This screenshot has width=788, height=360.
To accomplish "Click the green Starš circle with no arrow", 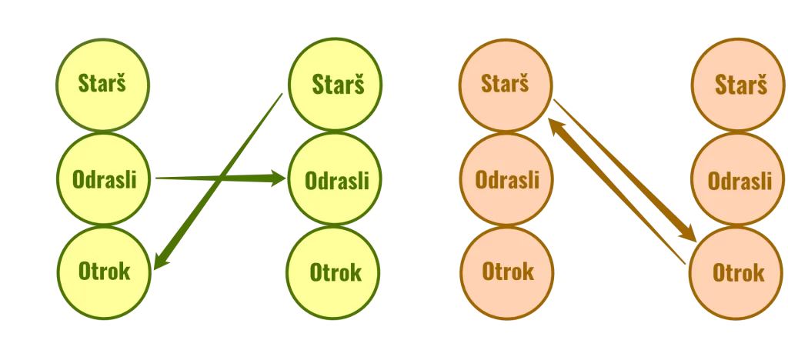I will coord(102,84).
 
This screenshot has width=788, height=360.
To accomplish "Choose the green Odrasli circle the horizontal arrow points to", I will coord(336,180).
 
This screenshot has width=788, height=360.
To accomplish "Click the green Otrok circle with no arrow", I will coord(334,272).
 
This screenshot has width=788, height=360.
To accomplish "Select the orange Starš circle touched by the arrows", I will coord(505,84).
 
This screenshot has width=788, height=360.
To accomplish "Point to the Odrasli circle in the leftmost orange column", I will coord(506,180).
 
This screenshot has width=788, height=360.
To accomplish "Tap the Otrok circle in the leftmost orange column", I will coord(506,272).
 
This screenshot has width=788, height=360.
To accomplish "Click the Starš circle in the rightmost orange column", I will coord(740,84).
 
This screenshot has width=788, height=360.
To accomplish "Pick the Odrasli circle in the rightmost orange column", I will coord(740,180).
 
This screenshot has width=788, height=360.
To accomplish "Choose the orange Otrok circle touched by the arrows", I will coord(738,272).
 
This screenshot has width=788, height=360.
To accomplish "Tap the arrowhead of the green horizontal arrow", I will coord(277,179).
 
